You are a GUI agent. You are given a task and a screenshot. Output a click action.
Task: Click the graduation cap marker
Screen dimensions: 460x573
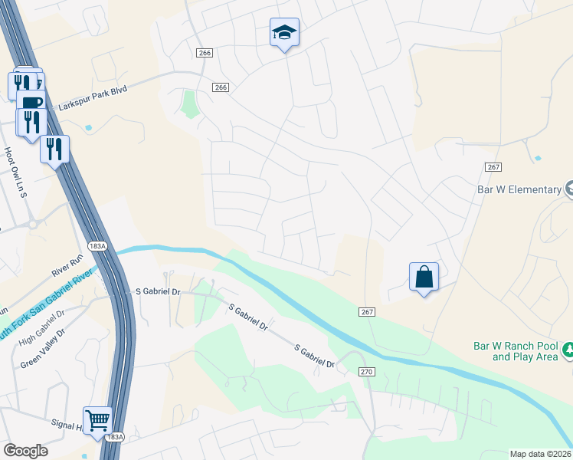(x=284, y=33)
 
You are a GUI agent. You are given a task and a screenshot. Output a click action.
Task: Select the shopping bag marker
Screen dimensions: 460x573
(x=424, y=277)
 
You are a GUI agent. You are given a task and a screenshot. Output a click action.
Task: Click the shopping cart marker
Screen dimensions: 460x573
(x=97, y=420)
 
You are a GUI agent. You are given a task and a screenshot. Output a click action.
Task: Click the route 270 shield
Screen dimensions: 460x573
(x=366, y=372)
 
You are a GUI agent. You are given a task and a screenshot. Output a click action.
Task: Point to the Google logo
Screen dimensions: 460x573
(x=25, y=451)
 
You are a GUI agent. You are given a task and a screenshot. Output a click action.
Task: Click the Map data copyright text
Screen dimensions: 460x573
(x=540, y=454)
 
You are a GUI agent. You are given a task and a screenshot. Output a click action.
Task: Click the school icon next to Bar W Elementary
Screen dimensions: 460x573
(x=569, y=189)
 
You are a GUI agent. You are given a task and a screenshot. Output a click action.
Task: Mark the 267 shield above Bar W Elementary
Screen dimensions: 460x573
(x=493, y=167)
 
